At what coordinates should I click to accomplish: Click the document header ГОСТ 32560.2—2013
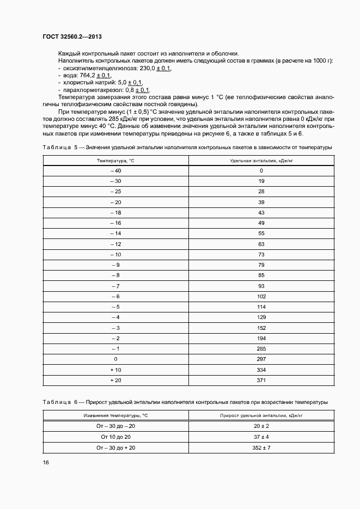72,36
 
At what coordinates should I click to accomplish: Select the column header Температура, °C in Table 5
115,161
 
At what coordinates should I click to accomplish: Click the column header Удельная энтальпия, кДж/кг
261,161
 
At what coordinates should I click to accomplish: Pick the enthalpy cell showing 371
261,379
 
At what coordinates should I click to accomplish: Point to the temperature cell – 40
115,170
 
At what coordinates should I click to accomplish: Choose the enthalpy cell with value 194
261,338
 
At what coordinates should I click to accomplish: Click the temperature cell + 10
115,369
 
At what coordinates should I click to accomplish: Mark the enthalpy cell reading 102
261,296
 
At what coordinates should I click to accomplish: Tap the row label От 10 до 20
115,437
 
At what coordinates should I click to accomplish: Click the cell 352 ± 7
261,447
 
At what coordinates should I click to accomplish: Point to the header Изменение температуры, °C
115,415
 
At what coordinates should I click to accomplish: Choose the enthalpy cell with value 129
261,317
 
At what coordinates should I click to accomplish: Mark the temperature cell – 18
115,212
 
